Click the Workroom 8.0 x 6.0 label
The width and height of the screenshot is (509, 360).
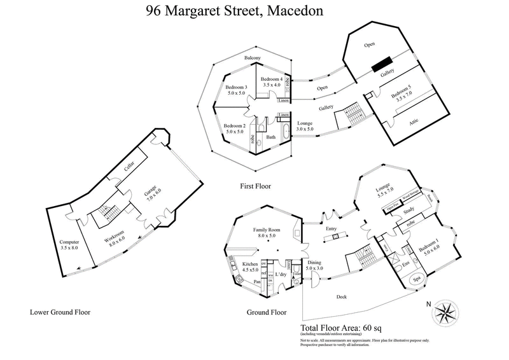(115, 240)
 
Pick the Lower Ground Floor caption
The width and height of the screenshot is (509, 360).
(60, 312)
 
